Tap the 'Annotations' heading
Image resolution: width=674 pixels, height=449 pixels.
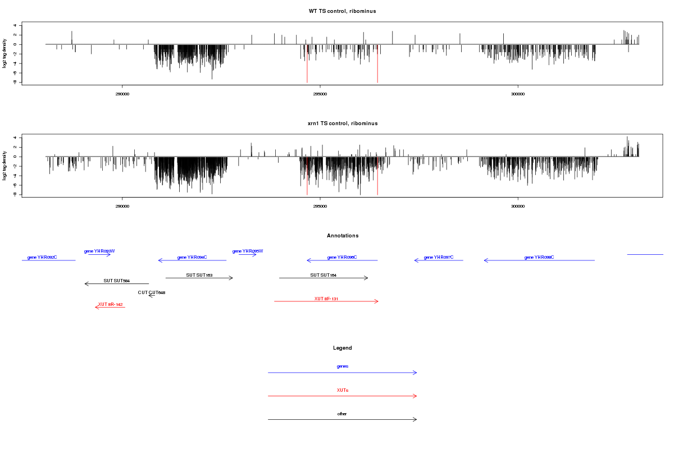343,236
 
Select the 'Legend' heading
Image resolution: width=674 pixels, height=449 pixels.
343,348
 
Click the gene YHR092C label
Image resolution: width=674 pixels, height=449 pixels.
42,257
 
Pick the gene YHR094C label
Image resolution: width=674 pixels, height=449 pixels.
192,257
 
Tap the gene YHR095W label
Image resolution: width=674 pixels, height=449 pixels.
248,251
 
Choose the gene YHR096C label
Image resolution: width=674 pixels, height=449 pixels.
342,257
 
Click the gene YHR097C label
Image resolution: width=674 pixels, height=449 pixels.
439,257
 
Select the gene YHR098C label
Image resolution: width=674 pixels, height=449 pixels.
539,257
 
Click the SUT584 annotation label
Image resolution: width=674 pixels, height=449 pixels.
116,281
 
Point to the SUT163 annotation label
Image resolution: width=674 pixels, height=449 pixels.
199,275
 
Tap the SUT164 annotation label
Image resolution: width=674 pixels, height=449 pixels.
323,275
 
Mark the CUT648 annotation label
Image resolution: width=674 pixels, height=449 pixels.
152,292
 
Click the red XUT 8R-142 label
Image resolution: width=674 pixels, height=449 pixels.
110,304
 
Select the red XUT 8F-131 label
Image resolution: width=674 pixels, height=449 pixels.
326,299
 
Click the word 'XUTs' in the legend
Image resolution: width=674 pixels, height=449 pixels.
343,390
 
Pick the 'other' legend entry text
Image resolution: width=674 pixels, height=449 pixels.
343,414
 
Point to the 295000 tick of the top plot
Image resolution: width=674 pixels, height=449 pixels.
320,94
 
